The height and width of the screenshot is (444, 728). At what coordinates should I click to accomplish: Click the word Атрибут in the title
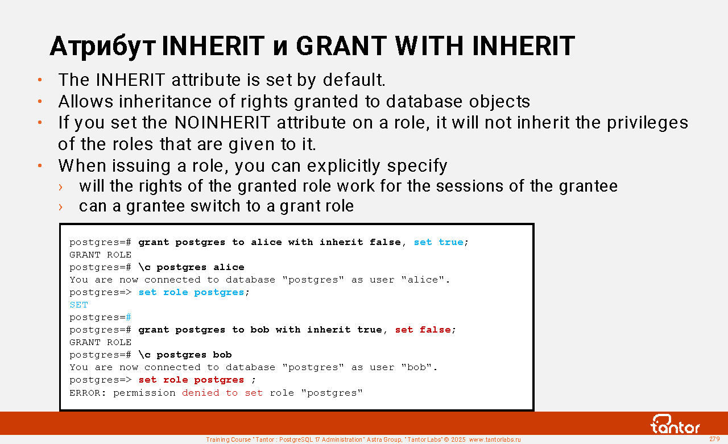[x=103, y=47]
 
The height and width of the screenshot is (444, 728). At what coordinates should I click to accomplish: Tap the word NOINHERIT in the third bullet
[x=222, y=123]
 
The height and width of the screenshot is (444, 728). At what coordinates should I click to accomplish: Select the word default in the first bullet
[x=354, y=80]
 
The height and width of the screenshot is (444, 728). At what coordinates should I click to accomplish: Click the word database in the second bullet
[x=424, y=101]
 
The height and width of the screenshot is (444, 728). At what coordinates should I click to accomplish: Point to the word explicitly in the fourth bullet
[x=344, y=166]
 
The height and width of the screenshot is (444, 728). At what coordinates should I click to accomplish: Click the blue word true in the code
[x=451, y=242]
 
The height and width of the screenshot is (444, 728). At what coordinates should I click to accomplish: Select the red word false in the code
[x=435, y=330]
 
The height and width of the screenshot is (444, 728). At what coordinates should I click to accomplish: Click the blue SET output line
[x=78, y=305]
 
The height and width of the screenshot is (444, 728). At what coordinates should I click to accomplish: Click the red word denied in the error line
[x=201, y=393]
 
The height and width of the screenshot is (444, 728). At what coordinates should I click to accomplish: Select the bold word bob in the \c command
[x=222, y=355]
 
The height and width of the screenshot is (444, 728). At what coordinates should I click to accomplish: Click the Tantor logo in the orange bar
[x=675, y=424]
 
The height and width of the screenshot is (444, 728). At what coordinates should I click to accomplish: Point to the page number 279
[x=714, y=439]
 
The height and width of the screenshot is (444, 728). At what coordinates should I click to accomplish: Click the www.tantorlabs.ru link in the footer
[x=495, y=439]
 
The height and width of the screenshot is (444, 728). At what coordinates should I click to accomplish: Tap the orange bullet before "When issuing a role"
[x=40, y=166]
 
